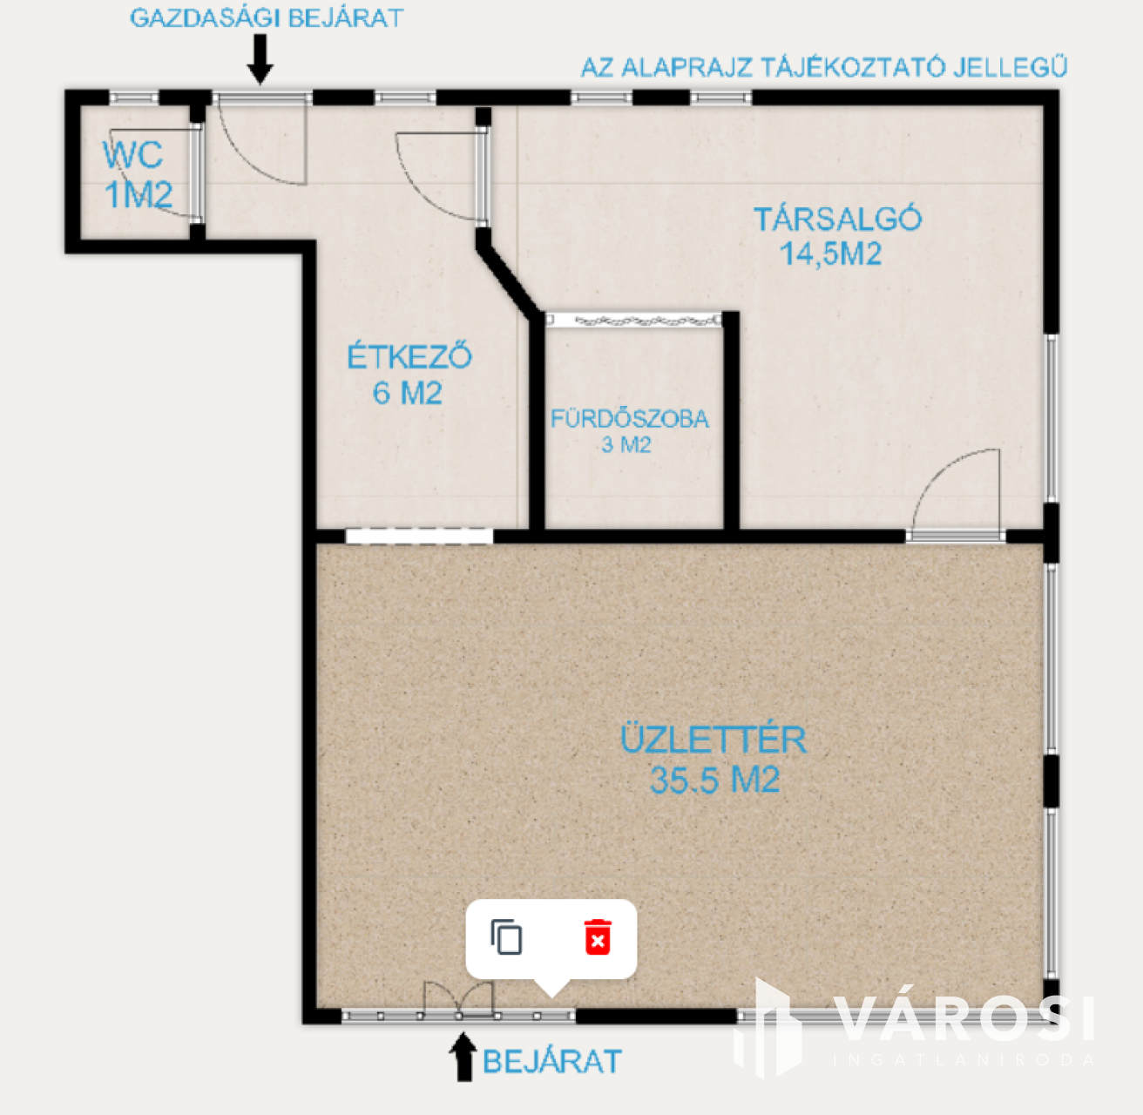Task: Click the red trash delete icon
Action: click(598, 937)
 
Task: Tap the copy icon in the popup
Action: click(506, 937)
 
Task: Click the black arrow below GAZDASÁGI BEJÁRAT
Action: click(260, 59)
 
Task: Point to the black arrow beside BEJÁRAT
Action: click(463, 1058)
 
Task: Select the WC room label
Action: click(132, 155)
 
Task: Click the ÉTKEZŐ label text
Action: click(409, 356)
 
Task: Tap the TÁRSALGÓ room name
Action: click(837, 219)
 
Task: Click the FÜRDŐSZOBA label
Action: click(630, 419)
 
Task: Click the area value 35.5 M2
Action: click(715, 780)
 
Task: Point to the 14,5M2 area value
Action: click(830, 253)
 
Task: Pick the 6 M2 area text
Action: click(408, 393)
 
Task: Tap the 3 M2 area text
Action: click(626, 445)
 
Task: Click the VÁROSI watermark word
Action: click(964, 1020)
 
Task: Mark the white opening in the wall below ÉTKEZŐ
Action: click(419, 536)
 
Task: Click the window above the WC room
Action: click(134, 98)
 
